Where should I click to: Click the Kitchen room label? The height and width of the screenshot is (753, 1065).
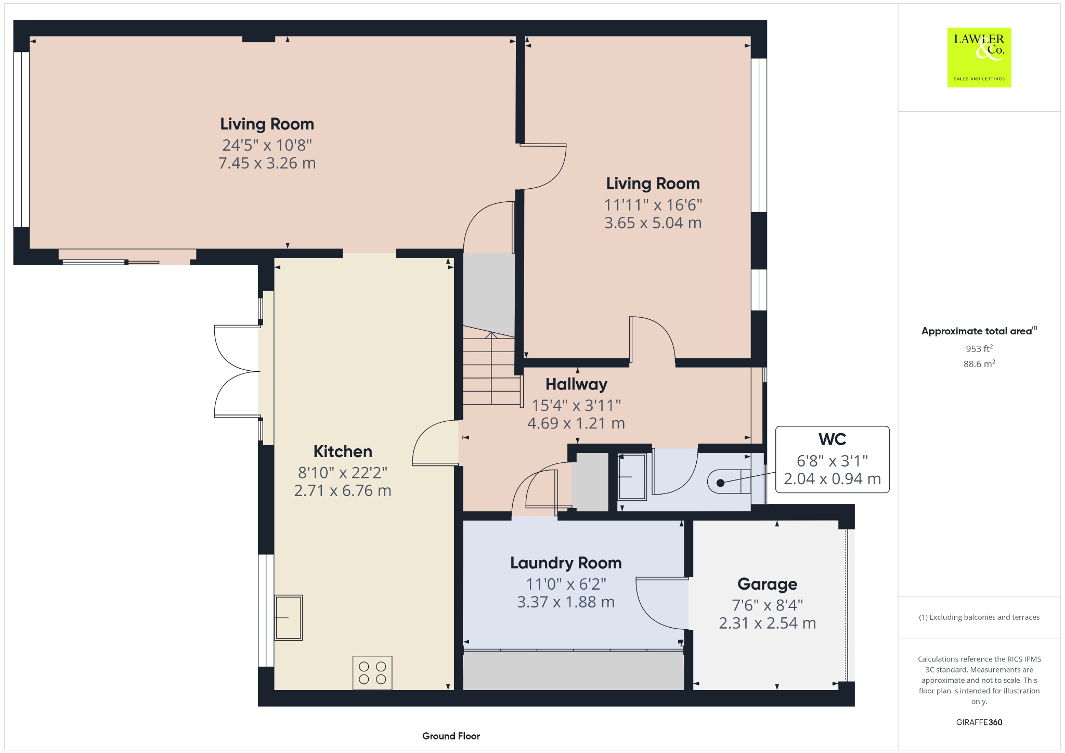pyautogui.click(x=343, y=451)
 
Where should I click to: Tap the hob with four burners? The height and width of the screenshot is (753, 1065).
pyautogui.click(x=372, y=673)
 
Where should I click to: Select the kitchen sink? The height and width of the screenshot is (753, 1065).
pyautogui.click(x=288, y=617)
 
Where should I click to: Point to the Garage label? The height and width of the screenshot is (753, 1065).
pyautogui.click(x=767, y=584)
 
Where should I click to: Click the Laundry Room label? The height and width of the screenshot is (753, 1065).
pyautogui.click(x=566, y=563)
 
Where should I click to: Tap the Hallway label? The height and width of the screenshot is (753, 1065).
pyautogui.click(x=576, y=384)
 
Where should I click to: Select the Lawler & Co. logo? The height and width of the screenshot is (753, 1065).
pyautogui.click(x=979, y=57)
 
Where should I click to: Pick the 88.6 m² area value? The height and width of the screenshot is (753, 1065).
pyautogui.click(x=979, y=363)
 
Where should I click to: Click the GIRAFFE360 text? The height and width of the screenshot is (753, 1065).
pyautogui.click(x=979, y=722)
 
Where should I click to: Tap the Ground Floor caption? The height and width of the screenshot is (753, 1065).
pyautogui.click(x=451, y=736)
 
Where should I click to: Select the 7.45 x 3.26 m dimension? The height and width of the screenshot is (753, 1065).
pyautogui.click(x=267, y=163)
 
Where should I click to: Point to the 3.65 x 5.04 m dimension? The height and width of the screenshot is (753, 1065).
pyautogui.click(x=653, y=223)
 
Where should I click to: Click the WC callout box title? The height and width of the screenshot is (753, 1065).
pyautogui.click(x=832, y=439)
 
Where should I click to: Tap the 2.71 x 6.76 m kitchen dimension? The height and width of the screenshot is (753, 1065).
pyautogui.click(x=343, y=491)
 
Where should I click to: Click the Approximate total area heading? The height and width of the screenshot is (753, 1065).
pyautogui.click(x=977, y=331)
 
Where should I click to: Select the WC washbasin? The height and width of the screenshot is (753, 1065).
pyautogui.click(x=632, y=476)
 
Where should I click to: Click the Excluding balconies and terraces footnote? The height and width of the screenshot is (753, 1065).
pyautogui.click(x=979, y=617)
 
